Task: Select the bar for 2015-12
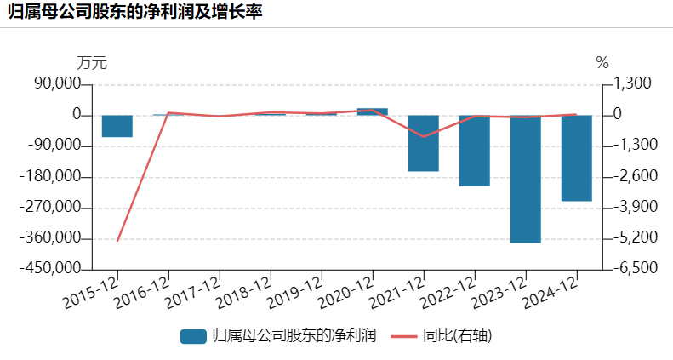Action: [117, 126]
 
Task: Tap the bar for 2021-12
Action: [423, 143]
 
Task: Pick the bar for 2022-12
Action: [474, 151]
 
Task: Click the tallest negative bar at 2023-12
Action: [525, 179]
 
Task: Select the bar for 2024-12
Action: [576, 158]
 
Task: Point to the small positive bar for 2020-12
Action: [372, 111]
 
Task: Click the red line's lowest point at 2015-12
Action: [117, 241]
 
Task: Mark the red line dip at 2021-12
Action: [423, 136]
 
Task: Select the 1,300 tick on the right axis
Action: [627, 84]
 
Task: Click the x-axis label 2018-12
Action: [244, 292]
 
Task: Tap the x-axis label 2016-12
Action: [142, 292]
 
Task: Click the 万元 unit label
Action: [92, 63]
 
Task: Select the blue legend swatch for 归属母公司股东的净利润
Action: [193, 335]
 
